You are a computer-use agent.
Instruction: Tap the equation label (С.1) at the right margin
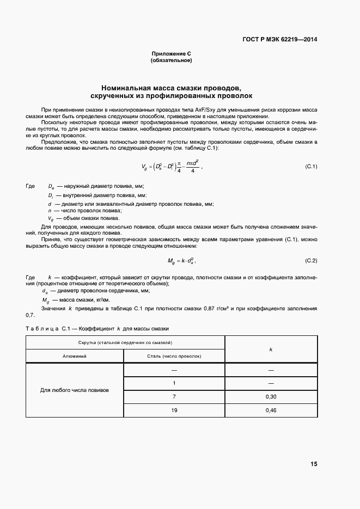click(311, 166)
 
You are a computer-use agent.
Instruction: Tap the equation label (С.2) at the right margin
click(311, 261)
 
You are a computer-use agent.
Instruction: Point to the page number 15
click(313, 464)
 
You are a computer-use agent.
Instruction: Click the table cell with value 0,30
click(271, 396)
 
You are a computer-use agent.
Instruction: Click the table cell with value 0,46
click(271, 410)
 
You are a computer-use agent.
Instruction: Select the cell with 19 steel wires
click(174, 410)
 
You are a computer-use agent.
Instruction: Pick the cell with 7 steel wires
click(174, 396)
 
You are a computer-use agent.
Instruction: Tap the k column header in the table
click(271, 349)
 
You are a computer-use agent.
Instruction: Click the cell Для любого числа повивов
click(75, 390)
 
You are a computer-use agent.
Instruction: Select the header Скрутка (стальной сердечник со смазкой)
click(125, 342)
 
